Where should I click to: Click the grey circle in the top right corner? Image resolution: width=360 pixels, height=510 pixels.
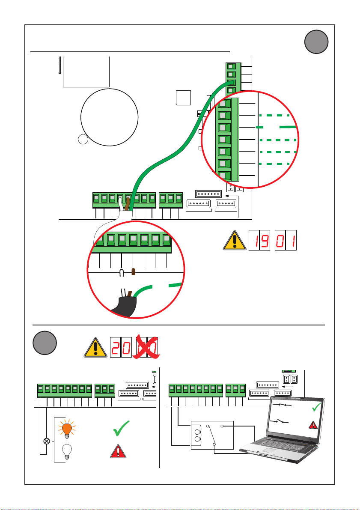(x=316, y=42)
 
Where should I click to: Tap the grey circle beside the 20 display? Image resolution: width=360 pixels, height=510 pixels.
(x=45, y=343)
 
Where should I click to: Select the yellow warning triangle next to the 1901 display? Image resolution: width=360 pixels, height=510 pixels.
(x=235, y=240)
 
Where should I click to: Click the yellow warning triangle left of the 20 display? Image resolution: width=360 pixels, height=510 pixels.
(x=95, y=347)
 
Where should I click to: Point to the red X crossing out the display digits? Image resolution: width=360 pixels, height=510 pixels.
(x=146, y=346)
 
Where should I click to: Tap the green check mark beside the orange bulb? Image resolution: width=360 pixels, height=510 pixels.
(x=121, y=428)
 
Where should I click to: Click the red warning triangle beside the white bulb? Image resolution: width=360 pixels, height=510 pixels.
(x=118, y=451)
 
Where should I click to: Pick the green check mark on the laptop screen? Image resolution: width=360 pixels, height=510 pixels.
(x=316, y=407)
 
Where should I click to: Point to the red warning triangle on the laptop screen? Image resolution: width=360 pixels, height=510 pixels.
(x=313, y=425)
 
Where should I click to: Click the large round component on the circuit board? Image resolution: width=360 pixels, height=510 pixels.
(x=109, y=117)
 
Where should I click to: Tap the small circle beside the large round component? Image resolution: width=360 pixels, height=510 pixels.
(x=83, y=139)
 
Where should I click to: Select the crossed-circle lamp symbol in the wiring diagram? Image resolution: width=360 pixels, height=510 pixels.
(x=47, y=441)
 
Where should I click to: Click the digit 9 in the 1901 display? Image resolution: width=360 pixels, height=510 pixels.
(x=265, y=240)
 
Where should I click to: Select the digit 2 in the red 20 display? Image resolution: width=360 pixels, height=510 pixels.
(x=116, y=347)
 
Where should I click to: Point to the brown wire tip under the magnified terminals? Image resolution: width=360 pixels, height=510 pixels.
(x=133, y=271)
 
